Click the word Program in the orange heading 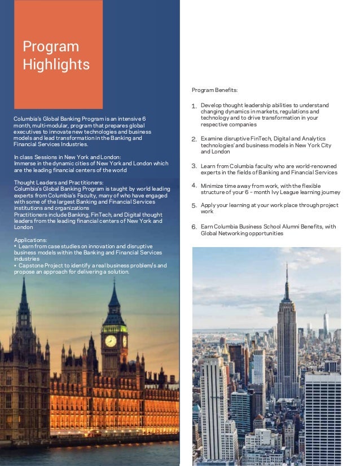[51, 46]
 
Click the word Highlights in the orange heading [56, 64]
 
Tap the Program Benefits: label [214, 90]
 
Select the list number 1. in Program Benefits [194, 106]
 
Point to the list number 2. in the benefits [194, 139]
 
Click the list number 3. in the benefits [194, 166]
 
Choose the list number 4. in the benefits [194, 185]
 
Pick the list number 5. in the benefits [194, 206]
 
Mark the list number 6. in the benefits [194, 227]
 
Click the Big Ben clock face [111, 341]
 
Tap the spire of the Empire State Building [287, 276]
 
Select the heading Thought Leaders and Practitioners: [58, 182]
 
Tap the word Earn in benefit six [207, 227]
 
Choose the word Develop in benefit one [212, 105]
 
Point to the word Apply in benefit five [208, 205]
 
